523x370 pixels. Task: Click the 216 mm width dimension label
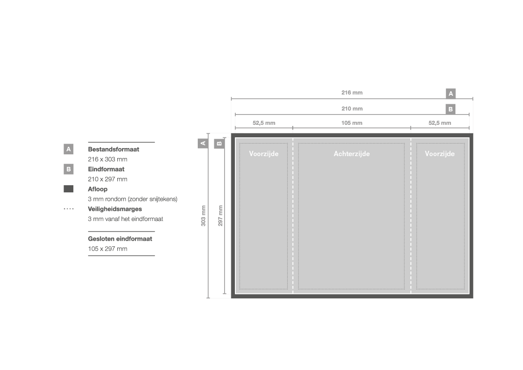pos(352,93)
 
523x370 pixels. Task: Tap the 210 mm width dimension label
pos(352,109)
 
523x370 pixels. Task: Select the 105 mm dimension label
pos(352,123)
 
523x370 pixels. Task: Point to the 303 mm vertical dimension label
pos(203,216)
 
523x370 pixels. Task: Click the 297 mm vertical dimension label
pos(220,216)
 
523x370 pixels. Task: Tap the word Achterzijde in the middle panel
pos(352,154)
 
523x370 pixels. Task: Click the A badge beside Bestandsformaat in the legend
pos(68,149)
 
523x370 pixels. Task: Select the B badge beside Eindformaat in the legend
pos(68,169)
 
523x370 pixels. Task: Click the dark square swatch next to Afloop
pos(68,189)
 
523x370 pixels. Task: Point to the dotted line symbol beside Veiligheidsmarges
pos(68,209)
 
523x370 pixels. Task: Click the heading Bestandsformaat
pos(113,149)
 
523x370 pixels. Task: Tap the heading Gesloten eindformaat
pos(120,239)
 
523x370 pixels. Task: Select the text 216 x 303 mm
pos(107,159)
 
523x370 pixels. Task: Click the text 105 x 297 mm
pos(107,249)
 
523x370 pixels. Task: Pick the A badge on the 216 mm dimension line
pos(451,94)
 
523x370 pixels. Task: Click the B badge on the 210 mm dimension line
pos(451,109)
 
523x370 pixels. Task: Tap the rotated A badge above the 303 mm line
pos(203,144)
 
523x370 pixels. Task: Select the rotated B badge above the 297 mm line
pos(219,144)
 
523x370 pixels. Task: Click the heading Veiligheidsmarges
pos(115,209)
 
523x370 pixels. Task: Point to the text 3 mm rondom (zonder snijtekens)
pos(132,199)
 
